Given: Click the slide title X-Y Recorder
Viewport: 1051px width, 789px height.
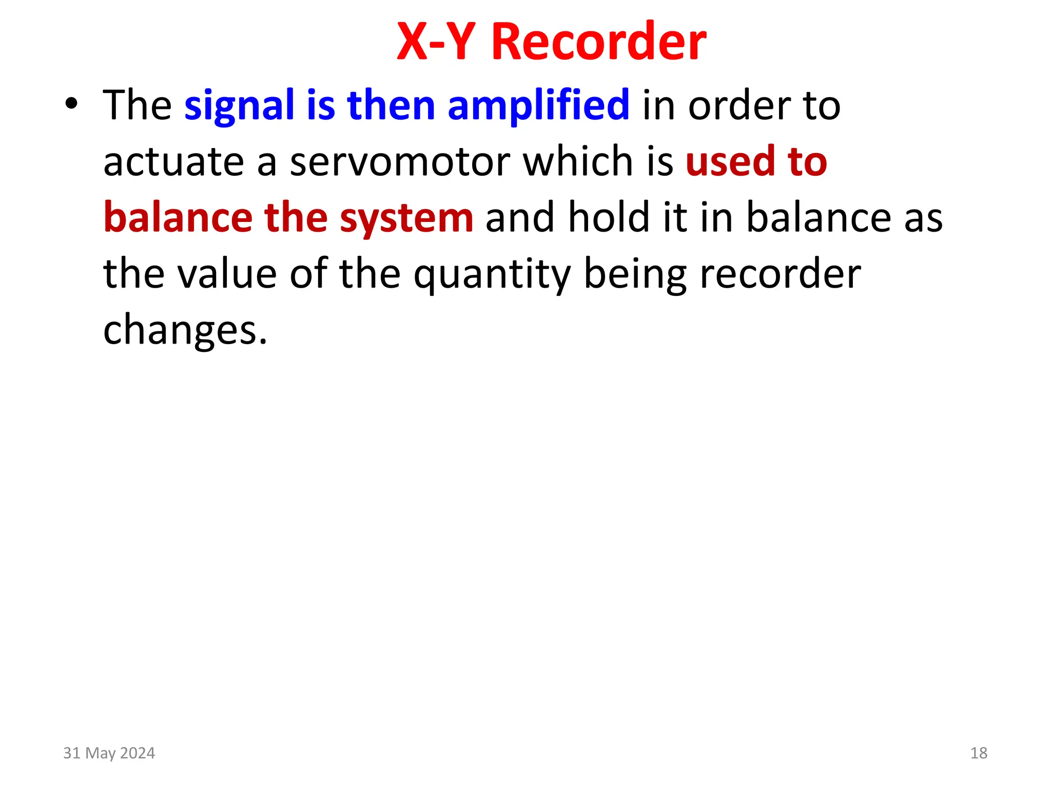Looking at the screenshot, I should (552, 42).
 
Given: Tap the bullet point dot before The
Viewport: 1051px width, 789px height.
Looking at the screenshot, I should (72, 104).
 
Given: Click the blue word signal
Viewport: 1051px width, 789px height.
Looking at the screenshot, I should (239, 106).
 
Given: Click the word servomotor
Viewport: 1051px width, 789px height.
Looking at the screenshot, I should (400, 161).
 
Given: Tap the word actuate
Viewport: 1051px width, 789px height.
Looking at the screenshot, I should (173, 161).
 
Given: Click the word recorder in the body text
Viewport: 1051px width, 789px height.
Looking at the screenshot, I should (781, 274).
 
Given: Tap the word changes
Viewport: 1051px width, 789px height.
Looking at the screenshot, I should (185, 330).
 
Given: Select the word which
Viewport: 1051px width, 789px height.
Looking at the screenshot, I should (579, 161).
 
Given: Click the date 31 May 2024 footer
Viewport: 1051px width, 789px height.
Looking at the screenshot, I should (109, 753).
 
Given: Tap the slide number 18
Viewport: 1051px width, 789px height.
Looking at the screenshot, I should (979, 753).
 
